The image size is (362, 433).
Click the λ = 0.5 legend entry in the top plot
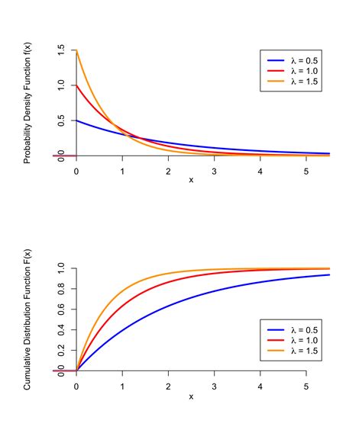pos(294,59)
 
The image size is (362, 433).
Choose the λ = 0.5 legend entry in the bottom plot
pos(294,329)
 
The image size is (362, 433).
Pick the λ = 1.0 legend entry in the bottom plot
pos(294,339)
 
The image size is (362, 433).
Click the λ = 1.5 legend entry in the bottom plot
pos(294,350)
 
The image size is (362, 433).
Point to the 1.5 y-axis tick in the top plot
pos(61,50)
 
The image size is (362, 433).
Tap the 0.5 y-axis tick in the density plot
pos(61,120)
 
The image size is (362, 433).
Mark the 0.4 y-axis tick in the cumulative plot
pos(61,330)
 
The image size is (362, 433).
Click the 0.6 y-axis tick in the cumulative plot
pos(61,310)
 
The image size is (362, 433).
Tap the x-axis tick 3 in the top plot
pos(214,170)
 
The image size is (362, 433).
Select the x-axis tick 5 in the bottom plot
pos(306,386)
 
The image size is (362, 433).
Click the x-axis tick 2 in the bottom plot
pos(168,386)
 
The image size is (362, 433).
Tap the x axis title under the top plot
pos(191,181)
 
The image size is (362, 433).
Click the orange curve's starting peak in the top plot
pos(76,51)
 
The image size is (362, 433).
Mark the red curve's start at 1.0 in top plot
pos(76,85)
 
